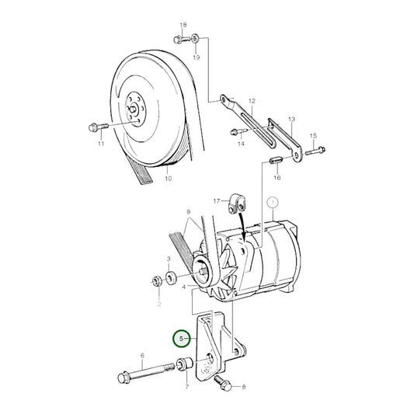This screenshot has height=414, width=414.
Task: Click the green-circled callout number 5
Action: (182, 339)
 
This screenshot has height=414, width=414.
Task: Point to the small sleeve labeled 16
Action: (275, 162)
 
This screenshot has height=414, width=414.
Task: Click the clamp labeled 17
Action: (236, 206)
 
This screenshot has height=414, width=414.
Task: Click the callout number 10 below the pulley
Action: (168, 179)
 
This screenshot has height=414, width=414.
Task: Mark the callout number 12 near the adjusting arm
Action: (251, 102)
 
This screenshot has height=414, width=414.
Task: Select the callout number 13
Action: (291, 120)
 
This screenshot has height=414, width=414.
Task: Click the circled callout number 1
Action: (272, 203)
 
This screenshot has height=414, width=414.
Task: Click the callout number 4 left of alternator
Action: (184, 288)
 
